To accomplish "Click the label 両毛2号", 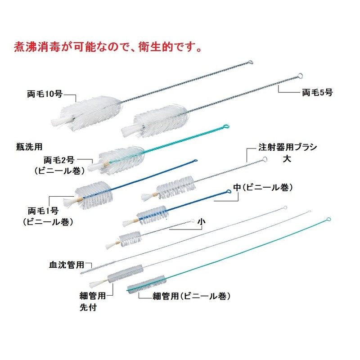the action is click(x=62, y=160).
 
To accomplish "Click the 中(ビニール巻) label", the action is click(x=264, y=187).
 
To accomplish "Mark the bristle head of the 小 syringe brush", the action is click(x=130, y=237).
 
